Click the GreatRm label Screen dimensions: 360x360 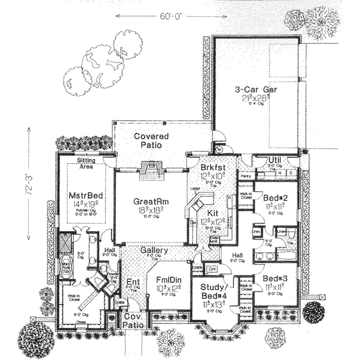pyautogui.click(x=150, y=202)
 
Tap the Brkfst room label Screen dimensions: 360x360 pyautogui.click(x=211, y=169)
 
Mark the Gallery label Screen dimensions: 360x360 pyautogui.click(x=154, y=250)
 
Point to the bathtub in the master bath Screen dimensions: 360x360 pyautogui.click(x=67, y=264)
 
